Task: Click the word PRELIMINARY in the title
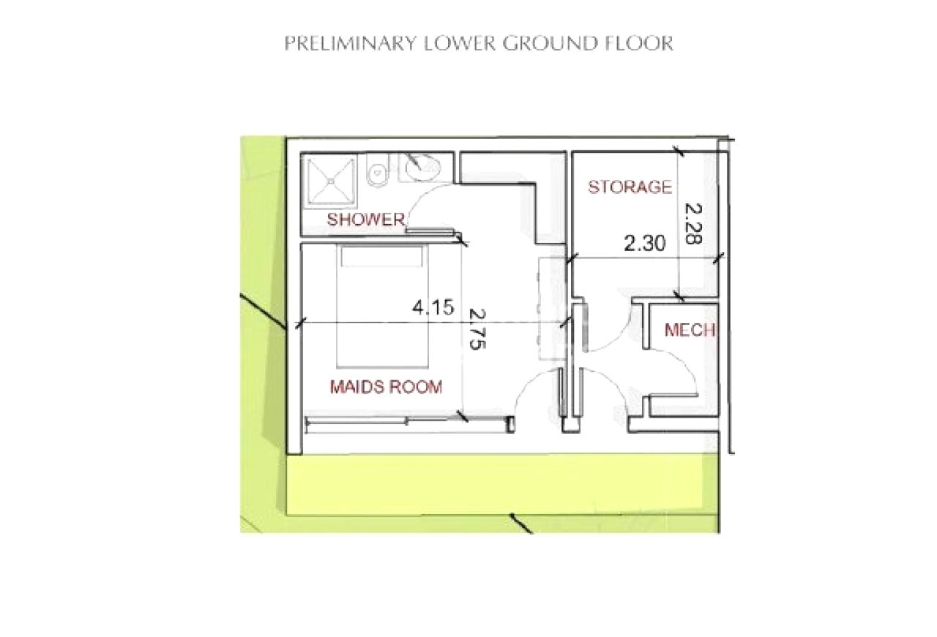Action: (x=351, y=43)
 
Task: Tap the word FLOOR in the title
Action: (x=639, y=43)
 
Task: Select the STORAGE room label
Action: (x=630, y=186)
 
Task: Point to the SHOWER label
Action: (x=365, y=219)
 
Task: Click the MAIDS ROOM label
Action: (x=386, y=387)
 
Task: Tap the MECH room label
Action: (x=690, y=331)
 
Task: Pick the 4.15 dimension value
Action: (x=433, y=308)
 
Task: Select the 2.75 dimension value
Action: (x=477, y=328)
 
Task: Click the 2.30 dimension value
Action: (x=645, y=244)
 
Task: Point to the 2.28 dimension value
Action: (x=693, y=224)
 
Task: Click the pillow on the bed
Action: (x=381, y=257)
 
